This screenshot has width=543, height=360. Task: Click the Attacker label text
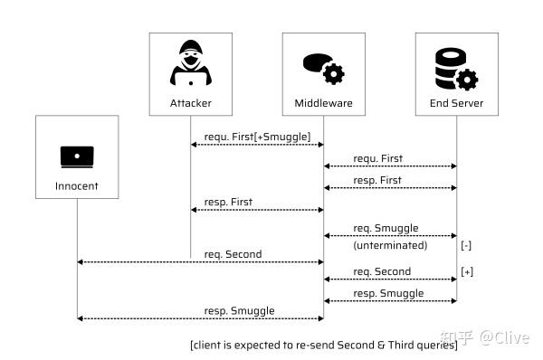(190, 103)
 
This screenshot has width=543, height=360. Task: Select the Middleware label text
(323, 103)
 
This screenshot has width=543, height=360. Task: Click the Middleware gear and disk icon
(323, 66)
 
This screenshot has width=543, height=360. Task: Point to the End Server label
(456, 103)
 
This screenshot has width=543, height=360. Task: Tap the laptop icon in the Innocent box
(77, 156)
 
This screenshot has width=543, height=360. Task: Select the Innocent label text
(77, 187)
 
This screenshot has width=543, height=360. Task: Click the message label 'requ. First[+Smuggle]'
(257, 136)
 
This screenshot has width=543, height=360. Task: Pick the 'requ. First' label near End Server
(377, 158)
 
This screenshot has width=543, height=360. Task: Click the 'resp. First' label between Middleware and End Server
(377, 180)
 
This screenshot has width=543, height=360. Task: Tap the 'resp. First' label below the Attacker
(229, 202)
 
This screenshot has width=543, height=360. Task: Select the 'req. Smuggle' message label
(386, 229)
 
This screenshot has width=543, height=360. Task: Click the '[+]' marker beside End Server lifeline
(467, 271)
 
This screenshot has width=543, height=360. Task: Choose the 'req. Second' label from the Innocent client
(233, 254)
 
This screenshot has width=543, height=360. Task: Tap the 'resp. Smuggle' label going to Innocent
(240, 310)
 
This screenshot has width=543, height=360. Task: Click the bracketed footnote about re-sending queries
(323, 345)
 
